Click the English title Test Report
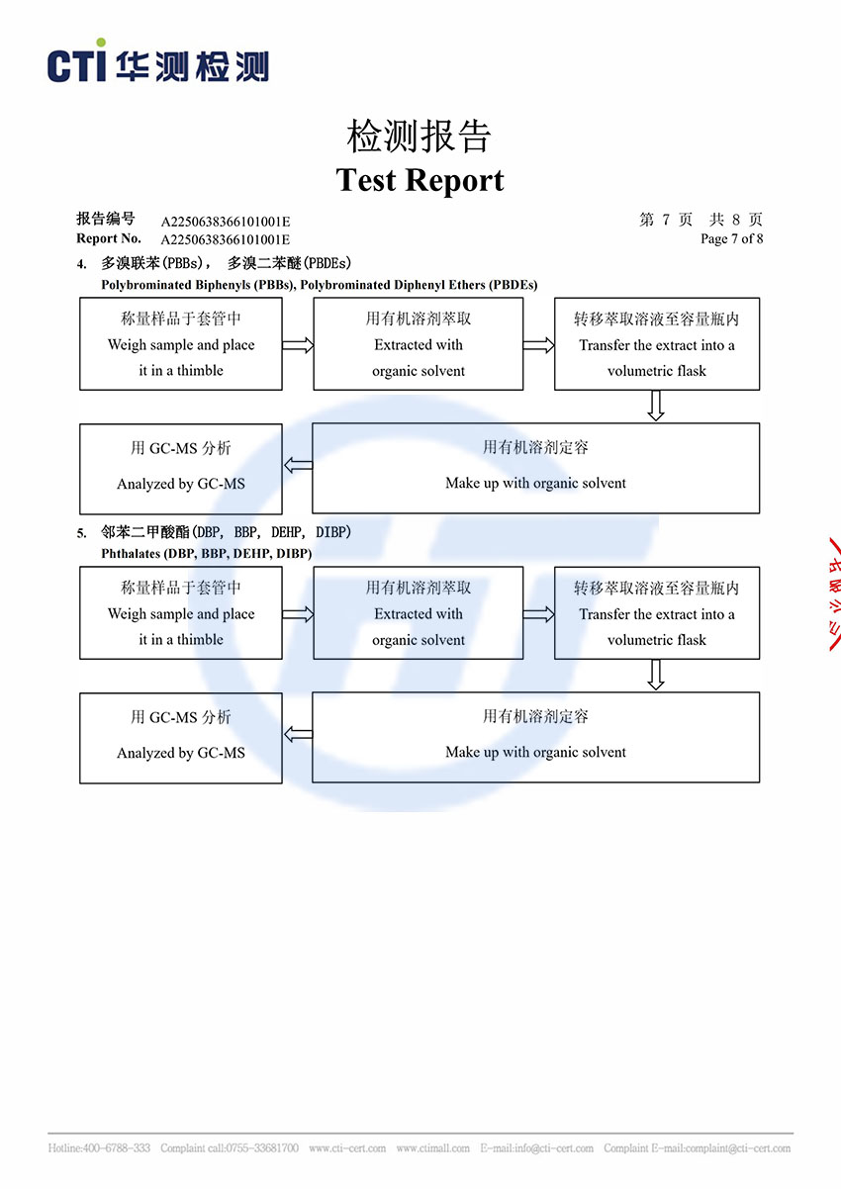420,180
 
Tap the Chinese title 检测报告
420,137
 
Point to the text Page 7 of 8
731,238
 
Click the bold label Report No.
109,238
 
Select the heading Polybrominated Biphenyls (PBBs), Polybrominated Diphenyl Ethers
319,285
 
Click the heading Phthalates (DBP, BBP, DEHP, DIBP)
206,554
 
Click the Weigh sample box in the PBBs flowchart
181,343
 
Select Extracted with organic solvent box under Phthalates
418,613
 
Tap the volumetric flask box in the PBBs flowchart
656,343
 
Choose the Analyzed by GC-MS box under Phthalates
181,738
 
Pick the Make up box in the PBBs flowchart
535,468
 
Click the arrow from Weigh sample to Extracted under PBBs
298,345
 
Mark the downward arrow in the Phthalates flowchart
655,675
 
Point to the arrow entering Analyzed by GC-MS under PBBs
298,465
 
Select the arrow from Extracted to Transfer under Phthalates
538,614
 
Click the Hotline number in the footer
99,1148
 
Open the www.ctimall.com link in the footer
432,1148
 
